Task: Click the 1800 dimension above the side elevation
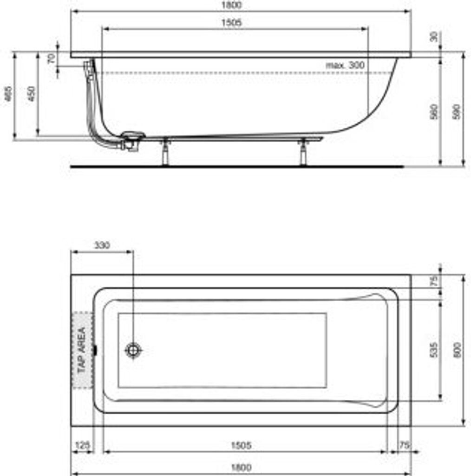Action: pos(235,5)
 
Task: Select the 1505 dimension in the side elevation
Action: pos(235,23)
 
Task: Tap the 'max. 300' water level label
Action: pos(345,66)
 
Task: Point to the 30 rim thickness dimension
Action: pos(434,37)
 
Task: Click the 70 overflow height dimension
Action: pos(52,59)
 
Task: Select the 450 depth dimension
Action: pos(31,95)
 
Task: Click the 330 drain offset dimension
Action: pos(102,245)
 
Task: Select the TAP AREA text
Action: pos(82,350)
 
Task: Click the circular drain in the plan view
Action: pos(133,350)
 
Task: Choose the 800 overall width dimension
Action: pos(457,350)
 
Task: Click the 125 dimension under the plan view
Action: pos(82,445)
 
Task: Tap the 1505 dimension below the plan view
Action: pos(241,445)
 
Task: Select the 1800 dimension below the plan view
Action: pos(241,467)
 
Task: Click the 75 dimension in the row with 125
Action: pos(405,445)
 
